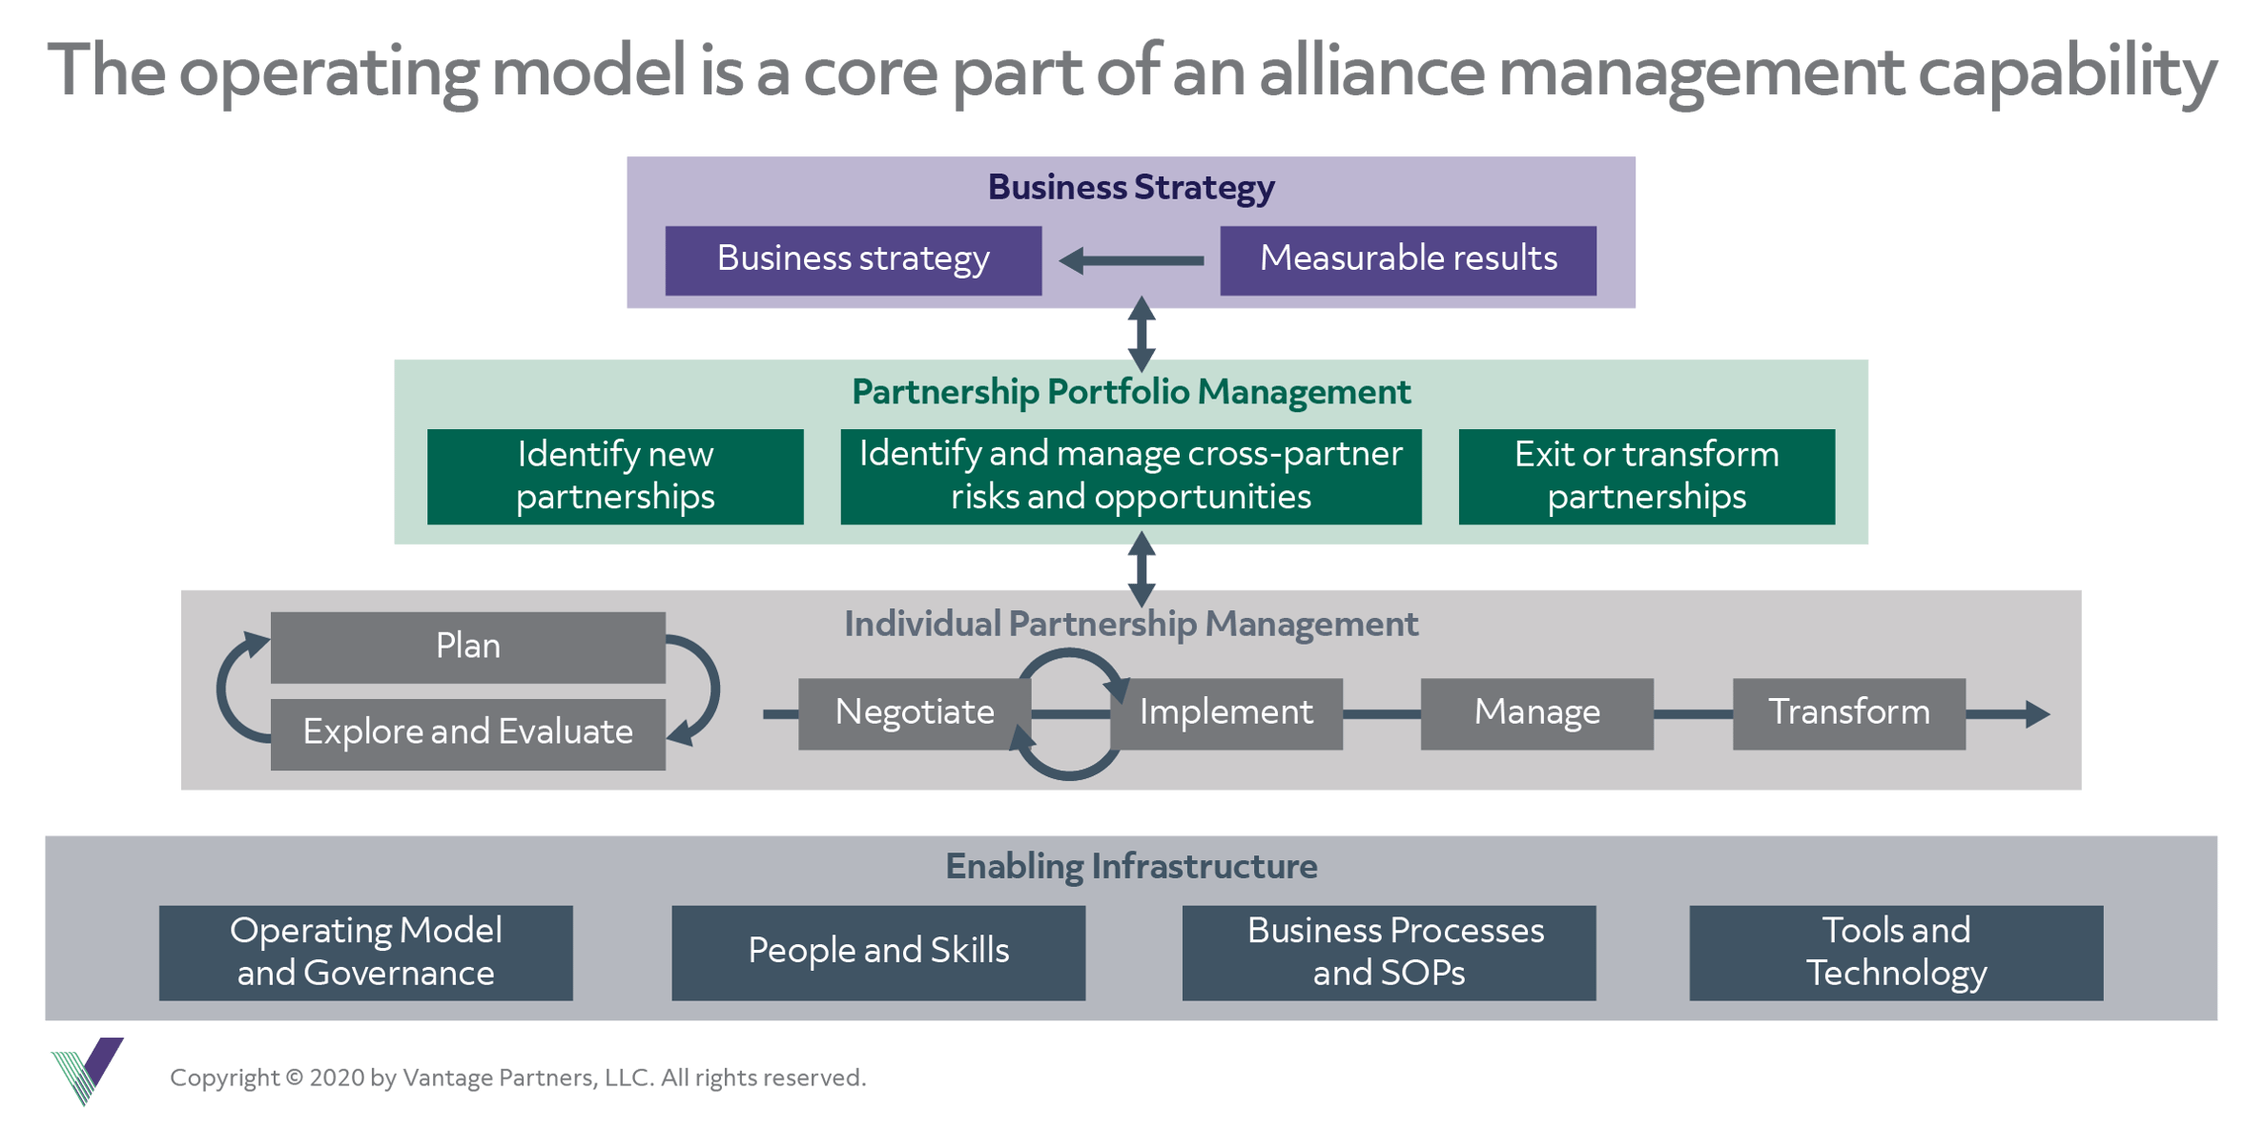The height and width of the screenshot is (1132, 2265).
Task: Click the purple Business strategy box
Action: click(853, 259)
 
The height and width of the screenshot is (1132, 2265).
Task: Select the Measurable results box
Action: click(1408, 259)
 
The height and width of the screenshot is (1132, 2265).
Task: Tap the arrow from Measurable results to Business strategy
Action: click(1131, 260)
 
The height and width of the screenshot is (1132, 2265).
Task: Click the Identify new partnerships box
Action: click(615, 476)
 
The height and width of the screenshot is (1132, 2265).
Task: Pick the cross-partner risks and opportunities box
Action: click(1130, 476)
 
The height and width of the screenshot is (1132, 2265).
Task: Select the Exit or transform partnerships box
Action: click(1646, 476)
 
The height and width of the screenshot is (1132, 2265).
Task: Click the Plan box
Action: click(467, 647)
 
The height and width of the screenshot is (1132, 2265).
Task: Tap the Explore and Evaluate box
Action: click(467, 733)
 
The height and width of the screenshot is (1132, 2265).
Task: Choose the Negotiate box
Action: click(914, 713)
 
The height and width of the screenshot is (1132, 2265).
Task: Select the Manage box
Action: click(1536, 713)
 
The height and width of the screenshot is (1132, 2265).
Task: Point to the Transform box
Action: click(1848, 713)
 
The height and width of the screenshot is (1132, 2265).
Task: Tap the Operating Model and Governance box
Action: click(365, 952)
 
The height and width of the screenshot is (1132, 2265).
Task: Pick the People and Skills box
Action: click(877, 952)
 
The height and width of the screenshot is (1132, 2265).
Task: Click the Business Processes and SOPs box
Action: click(1389, 952)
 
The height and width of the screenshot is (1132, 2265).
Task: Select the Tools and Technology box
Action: click(1895, 952)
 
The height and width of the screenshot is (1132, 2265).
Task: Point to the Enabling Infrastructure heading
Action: click(1131, 866)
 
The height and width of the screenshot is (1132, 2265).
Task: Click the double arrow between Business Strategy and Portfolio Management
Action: click(1142, 334)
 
